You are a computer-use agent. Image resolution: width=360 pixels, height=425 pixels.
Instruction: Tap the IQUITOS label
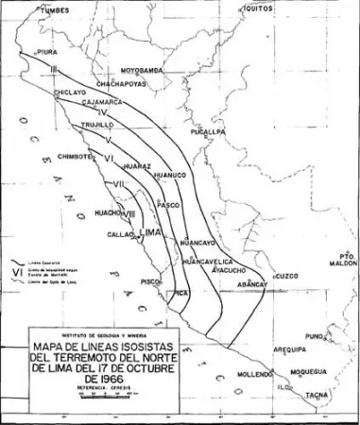257,8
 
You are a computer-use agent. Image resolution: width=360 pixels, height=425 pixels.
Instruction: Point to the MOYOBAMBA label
143,70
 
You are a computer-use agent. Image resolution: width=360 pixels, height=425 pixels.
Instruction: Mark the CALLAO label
121,233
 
